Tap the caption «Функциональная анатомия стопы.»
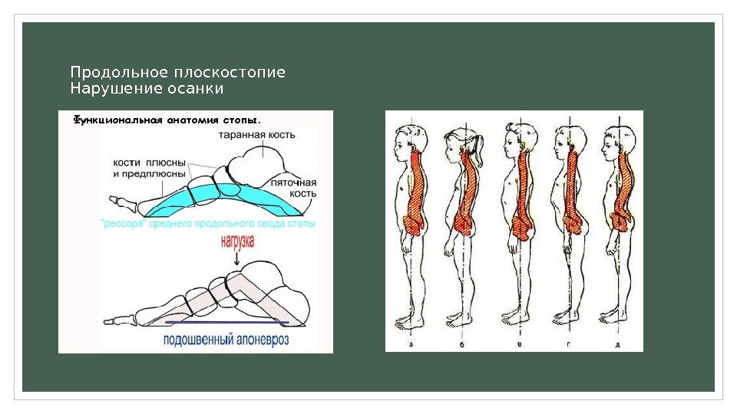pos(167,120)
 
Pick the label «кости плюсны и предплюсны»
pos(149,169)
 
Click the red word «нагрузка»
pos(237,240)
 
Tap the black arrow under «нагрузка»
pos(236,258)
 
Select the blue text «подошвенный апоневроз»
pos(226,340)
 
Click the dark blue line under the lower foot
pos(230,324)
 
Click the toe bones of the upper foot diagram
pos(123,202)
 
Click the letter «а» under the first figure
pos(412,344)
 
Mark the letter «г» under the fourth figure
pos(568,344)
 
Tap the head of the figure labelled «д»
pos(614,142)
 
